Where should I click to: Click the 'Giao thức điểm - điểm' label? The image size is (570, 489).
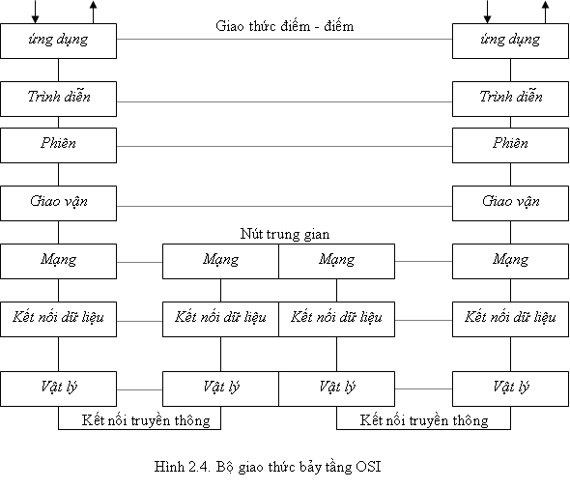pos(285,26)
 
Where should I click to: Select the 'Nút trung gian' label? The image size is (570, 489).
pos(285,234)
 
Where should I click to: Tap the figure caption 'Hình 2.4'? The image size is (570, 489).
pos(183,466)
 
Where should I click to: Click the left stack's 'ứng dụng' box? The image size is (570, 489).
pos(59,42)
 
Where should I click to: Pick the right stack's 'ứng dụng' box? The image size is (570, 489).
pos(510,42)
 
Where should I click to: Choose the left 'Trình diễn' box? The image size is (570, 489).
pos(59,99)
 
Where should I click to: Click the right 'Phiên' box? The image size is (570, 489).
pos(510,145)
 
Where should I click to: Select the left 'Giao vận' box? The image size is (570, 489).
pos(59,203)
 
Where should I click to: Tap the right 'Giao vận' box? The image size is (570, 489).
pos(510,203)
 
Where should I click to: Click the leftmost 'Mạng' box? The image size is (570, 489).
pos(59,261)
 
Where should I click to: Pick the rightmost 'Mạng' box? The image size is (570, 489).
pos(510,261)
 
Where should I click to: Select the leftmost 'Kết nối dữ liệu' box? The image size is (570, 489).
pos(59,319)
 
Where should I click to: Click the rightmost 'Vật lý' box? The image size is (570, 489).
pos(510,388)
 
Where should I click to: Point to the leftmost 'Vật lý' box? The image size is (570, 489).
pos(59,388)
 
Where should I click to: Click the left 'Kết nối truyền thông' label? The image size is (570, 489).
pos(146,420)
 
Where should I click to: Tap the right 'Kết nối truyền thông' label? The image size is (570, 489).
pos(424,420)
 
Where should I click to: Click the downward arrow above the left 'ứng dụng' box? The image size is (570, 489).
pos(35,12)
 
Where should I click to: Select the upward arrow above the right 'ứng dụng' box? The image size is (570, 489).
pos(545,12)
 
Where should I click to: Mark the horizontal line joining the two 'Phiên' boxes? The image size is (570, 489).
pos(285,147)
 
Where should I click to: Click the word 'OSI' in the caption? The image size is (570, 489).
pos(368,466)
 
